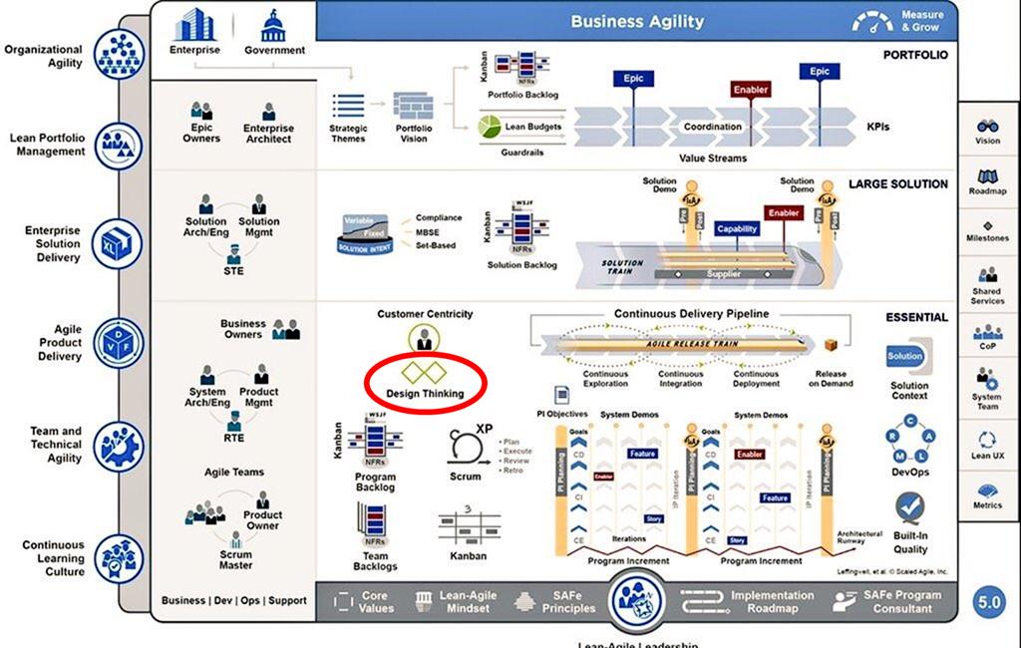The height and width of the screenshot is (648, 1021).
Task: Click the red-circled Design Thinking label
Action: point(425,394)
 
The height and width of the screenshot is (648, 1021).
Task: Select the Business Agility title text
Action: point(637,21)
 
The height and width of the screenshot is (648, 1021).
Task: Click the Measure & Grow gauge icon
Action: point(873,21)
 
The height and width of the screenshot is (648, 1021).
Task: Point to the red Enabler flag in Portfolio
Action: point(751,90)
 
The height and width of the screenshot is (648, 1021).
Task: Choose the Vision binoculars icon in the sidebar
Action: point(987,127)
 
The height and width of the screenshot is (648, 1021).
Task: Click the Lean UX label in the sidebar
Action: point(987,456)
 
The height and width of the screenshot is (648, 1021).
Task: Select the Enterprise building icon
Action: point(194,25)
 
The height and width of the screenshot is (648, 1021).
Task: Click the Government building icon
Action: point(274,25)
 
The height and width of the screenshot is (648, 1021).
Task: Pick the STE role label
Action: point(233,270)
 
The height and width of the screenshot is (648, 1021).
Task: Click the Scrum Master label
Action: point(236,560)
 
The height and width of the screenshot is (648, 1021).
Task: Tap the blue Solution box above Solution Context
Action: point(905,357)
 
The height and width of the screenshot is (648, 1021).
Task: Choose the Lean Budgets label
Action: point(532,127)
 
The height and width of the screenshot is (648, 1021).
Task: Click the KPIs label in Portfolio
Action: point(877,127)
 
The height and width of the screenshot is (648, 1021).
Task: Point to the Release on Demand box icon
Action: point(830,344)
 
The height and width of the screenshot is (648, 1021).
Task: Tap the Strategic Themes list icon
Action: point(348,106)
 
